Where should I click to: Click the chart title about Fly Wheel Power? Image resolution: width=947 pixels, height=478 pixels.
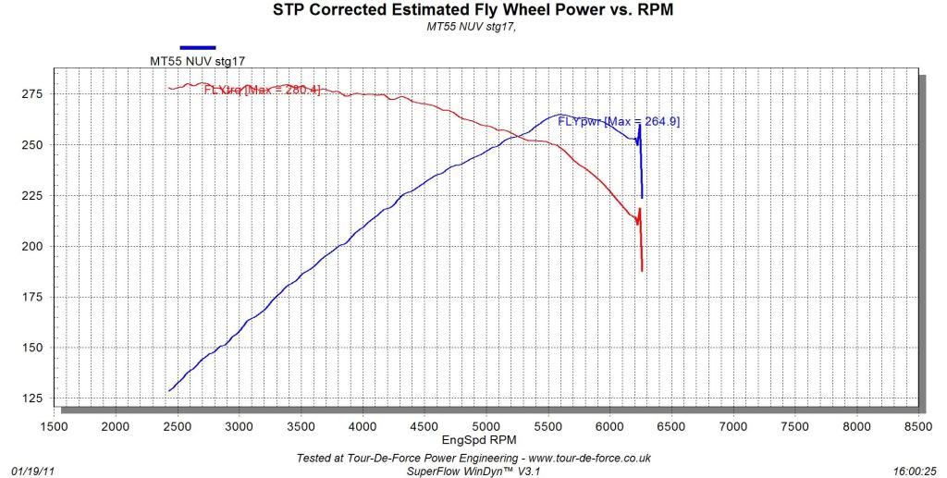[x=473, y=11]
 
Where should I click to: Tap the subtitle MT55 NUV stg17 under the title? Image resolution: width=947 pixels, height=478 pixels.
[x=473, y=28]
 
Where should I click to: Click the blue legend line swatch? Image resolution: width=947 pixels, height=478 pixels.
[x=198, y=47]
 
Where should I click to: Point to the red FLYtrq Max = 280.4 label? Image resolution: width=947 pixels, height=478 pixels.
[x=262, y=90]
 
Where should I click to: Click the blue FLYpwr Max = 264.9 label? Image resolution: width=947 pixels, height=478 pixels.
[x=619, y=121]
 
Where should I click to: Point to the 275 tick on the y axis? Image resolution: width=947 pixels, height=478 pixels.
[x=33, y=94]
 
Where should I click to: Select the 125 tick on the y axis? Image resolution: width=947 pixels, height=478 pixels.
[x=33, y=398]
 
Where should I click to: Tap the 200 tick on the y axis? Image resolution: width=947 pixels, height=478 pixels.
[x=33, y=247]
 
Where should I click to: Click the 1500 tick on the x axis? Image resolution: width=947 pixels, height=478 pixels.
[x=54, y=426]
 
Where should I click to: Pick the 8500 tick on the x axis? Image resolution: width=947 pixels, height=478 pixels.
[x=918, y=426]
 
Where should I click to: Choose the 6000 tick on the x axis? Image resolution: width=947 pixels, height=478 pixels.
[x=609, y=426]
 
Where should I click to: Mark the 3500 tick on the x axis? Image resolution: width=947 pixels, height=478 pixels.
[x=301, y=426]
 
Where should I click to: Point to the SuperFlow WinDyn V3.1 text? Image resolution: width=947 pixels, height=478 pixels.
[x=473, y=471]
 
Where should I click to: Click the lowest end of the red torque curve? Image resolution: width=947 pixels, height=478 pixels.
[x=642, y=270]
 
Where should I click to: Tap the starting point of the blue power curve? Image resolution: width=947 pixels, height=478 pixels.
[x=169, y=391]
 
